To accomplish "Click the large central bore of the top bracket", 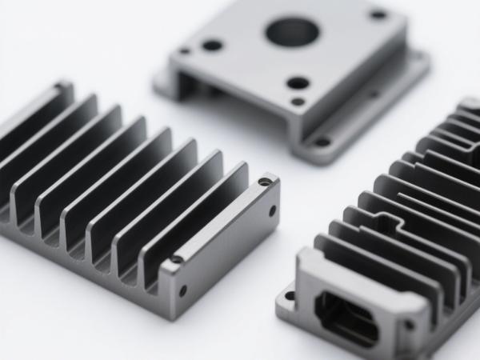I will pyautogui.click(x=292, y=32).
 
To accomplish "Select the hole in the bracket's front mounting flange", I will pyautogui.click(x=322, y=142).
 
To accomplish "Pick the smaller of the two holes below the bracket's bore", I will pyautogui.click(x=298, y=102).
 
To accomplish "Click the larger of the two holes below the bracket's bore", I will pyautogui.click(x=298, y=82).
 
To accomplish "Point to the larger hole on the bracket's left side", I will pyautogui.click(x=212, y=45).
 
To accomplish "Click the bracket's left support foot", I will pyautogui.click(x=166, y=85).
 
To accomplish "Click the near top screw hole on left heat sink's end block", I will pyautogui.click(x=176, y=259).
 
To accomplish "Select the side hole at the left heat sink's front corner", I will pyautogui.click(x=183, y=290).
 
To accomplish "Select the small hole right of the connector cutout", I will pyautogui.click(x=409, y=325).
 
